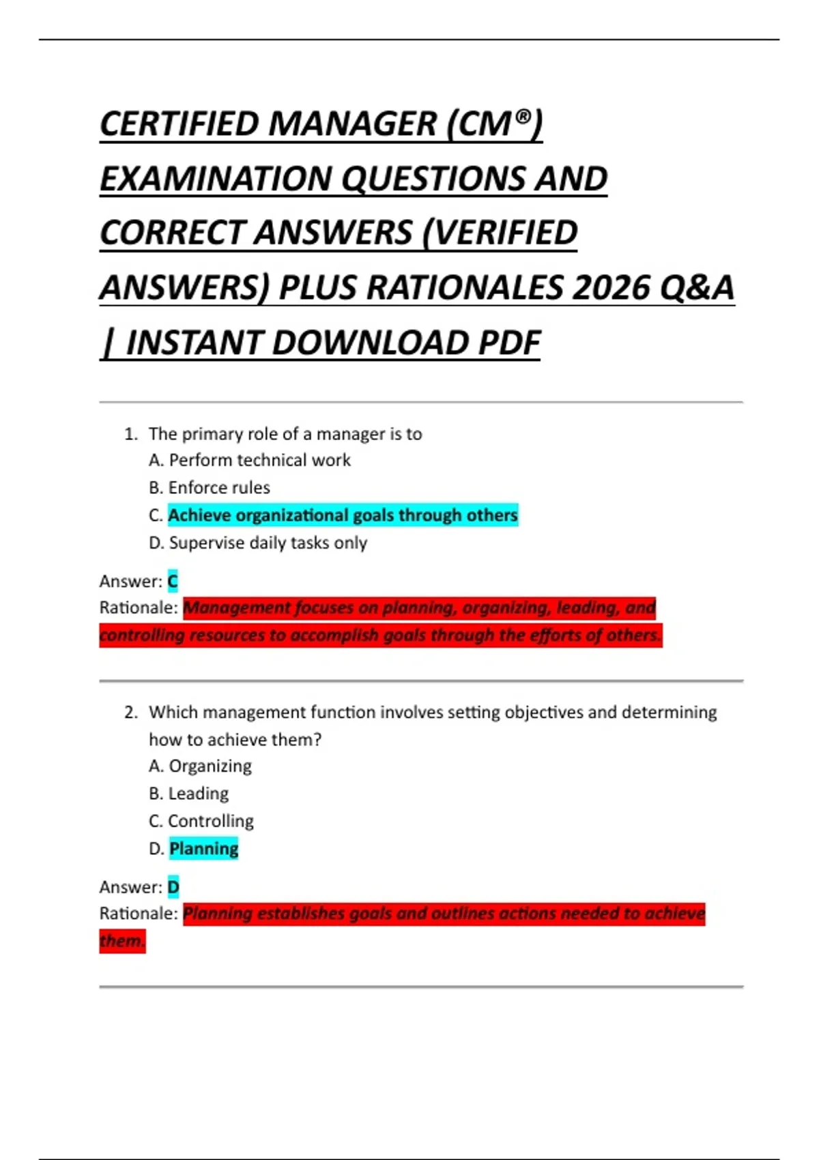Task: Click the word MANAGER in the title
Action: click(351, 124)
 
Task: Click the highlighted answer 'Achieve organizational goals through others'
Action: click(343, 515)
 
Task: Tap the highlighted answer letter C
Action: click(173, 581)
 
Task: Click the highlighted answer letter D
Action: click(173, 887)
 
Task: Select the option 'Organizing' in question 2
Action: click(210, 766)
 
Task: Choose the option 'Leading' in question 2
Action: click(199, 794)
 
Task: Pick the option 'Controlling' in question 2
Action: click(211, 821)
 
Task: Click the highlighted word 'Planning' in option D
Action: click(203, 849)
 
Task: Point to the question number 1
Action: click(130, 434)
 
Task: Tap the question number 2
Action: click(130, 712)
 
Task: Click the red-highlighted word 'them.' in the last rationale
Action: click(122, 942)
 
